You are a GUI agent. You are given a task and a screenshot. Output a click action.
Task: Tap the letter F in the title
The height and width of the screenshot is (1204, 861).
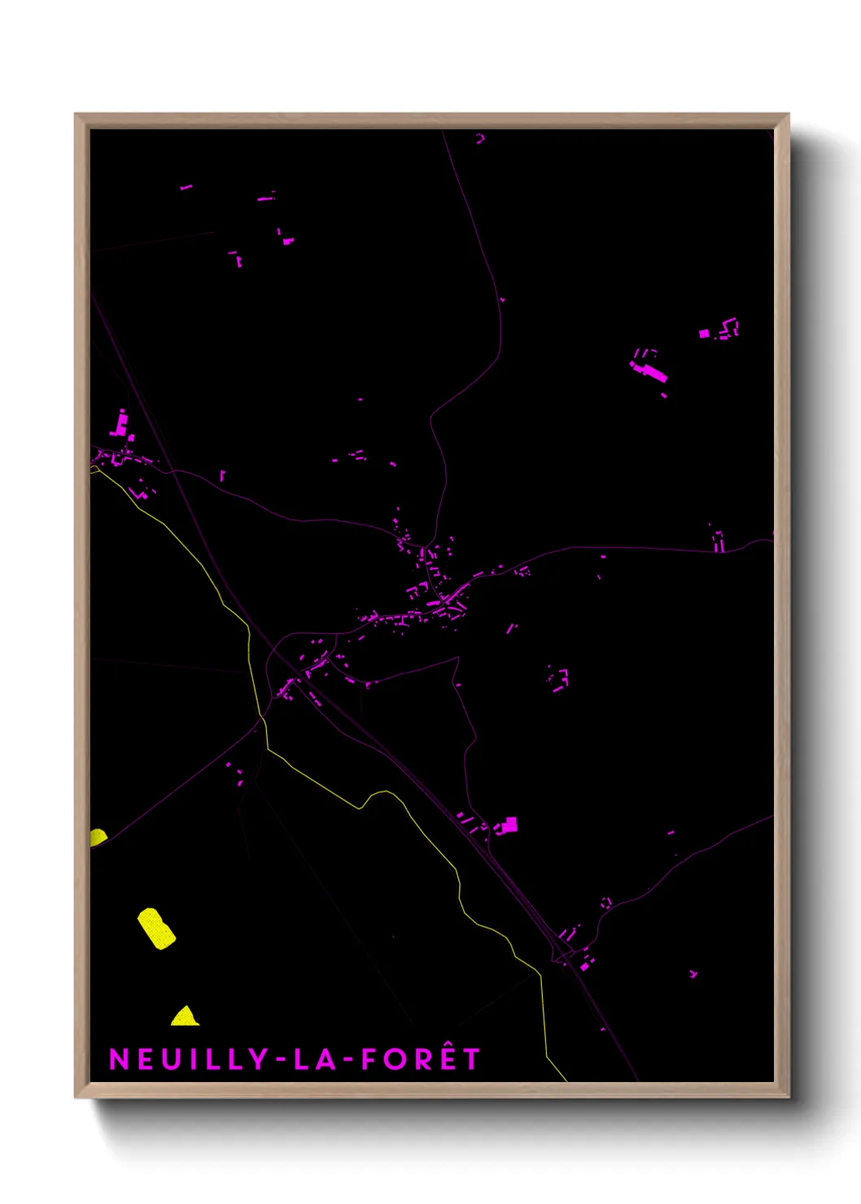[x=368, y=1059]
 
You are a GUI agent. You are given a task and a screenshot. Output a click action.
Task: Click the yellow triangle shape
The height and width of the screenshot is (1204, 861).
[x=185, y=1017]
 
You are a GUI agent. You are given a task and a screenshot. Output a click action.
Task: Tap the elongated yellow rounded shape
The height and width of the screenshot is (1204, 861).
[x=156, y=928]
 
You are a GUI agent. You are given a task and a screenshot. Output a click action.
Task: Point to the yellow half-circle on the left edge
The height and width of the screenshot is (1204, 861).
[x=97, y=836]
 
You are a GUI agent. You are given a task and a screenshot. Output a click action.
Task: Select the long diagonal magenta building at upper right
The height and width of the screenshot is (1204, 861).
[x=651, y=372]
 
